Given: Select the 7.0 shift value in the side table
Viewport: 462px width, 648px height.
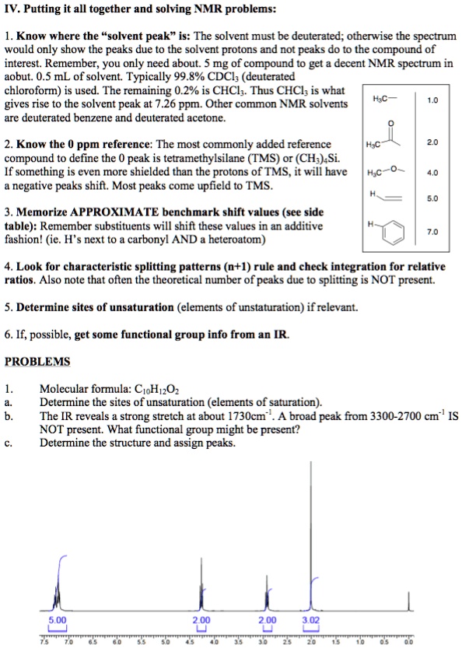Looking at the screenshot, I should point(432,232).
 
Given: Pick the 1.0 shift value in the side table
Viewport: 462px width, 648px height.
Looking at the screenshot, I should point(432,100).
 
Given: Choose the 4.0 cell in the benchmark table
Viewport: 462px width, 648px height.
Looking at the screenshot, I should point(432,173).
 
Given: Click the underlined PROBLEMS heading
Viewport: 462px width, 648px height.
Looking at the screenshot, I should point(37,362).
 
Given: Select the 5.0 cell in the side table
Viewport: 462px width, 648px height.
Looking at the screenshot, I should point(432,198).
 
